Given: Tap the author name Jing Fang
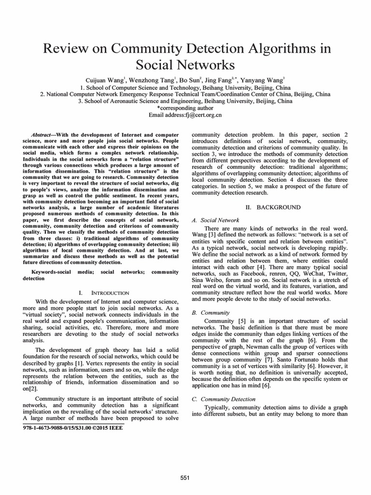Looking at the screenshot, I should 217,80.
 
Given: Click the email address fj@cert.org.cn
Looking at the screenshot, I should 200,115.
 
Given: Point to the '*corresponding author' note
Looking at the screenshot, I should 185,108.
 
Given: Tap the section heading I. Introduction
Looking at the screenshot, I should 103,292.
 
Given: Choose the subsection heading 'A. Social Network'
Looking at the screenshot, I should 215,220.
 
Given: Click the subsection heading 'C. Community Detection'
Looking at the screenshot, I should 224,399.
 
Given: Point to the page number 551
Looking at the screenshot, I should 185,478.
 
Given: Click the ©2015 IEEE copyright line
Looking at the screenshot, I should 73,428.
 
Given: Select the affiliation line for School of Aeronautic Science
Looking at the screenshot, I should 185,102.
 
